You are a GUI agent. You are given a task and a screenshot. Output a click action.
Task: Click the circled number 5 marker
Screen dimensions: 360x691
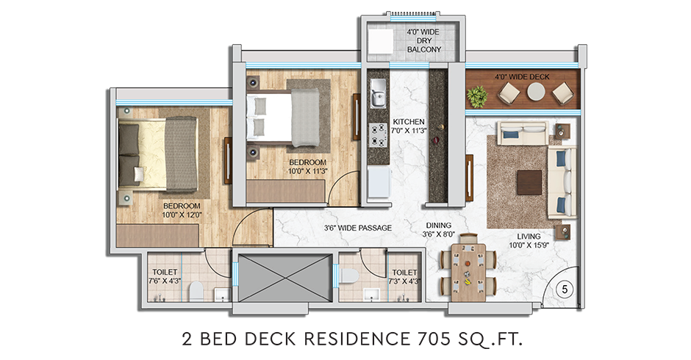click(564, 289)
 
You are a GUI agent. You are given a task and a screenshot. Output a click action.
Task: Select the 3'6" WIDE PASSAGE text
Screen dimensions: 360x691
click(358, 228)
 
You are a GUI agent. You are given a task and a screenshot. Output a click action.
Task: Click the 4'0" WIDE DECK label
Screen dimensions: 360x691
click(522, 76)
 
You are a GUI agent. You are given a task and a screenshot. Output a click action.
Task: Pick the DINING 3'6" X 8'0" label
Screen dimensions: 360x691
click(437, 231)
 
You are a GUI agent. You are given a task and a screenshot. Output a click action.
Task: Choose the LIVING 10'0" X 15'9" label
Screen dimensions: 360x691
click(528, 241)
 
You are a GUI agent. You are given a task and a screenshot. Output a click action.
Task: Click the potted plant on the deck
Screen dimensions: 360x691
click(479, 95)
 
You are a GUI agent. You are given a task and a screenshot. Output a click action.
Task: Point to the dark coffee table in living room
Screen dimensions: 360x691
click(529, 181)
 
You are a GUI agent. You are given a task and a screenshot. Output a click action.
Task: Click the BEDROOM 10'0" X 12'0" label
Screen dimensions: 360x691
click(182, 209)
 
